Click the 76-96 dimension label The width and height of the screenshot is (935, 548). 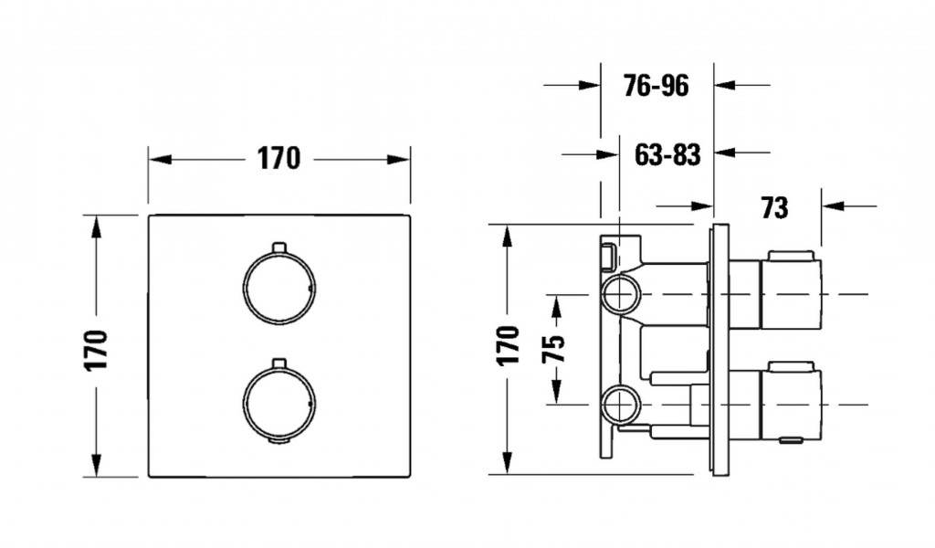tap(656, 86)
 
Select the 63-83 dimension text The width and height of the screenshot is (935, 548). tap(667, 155)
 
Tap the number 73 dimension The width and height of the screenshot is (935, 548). tap(774, 208)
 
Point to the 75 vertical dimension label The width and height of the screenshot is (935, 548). tap(553, 350)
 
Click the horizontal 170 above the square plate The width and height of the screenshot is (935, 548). tap(278, 159)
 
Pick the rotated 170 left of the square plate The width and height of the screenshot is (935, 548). tap(95, 350)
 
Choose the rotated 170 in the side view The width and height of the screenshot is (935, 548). tap(508, 346)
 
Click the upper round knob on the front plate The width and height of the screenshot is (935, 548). tap(279, 289)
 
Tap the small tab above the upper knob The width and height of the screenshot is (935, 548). tap(279, 247)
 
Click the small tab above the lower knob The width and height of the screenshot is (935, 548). tap(279, 364)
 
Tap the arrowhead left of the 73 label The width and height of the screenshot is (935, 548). tap(702, 206)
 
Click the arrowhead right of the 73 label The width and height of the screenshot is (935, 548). tap(833, 206)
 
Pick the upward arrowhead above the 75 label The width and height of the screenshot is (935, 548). tap(556, 307)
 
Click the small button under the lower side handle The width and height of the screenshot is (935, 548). tap(792, 440)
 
